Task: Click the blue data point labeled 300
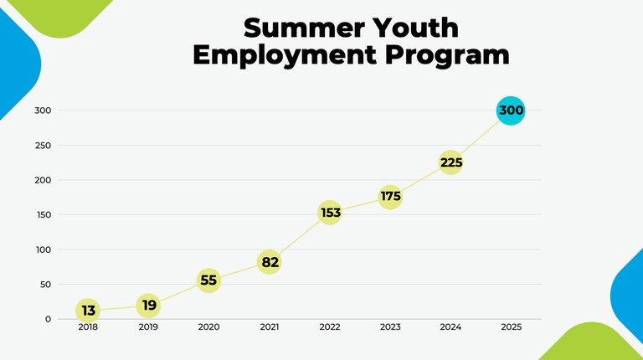tap(511, 111)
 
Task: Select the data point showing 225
tap(450, 162)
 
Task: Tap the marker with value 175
tap(390, 198)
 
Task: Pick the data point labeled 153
tap(330, 213)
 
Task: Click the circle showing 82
tap(269, 262)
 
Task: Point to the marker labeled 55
tap(208, 280)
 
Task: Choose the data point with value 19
tap(148, 306)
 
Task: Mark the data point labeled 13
tap(88, 311)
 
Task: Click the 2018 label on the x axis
tap(88, 327)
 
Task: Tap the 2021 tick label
tap(269, 327)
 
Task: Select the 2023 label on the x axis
tap(390, 327)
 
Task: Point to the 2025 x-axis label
tap(511, 327)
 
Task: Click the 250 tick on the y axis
tap(43, 146)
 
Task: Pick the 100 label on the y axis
tap(43, 249)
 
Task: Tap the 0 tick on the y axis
tap(48, 319)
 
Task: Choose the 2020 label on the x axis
tap(208, 327)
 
